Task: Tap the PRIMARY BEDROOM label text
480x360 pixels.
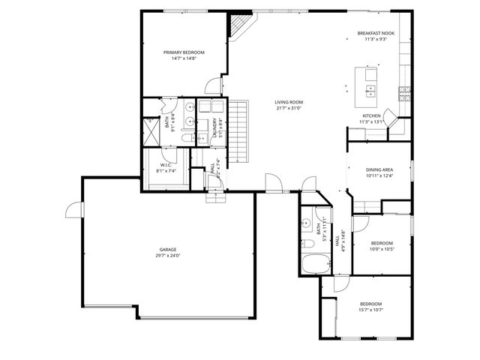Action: point(184,52)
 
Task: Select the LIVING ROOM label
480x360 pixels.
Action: point(288,102)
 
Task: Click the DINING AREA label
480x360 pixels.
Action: point(379,170)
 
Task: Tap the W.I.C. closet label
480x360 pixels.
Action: point(166,165)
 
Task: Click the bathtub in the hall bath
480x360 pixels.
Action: point(313,265)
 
